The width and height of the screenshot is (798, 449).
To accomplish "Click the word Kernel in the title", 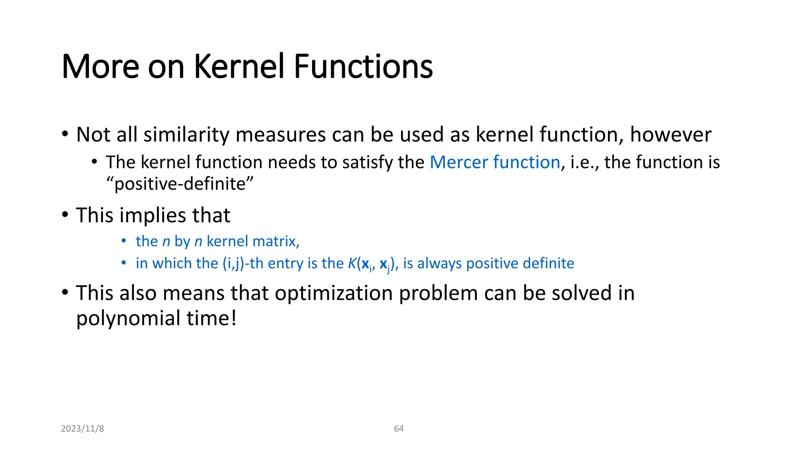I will click(239, 66).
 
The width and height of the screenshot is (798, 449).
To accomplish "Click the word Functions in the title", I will click(363, 66).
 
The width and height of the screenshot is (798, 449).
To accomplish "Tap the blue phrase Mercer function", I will click(495, 162).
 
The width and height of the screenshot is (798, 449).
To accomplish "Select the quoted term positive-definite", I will click(180, 184).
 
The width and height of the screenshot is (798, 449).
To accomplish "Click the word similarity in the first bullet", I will click(186, 135).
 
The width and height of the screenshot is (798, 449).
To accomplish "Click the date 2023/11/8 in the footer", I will click(83, 428).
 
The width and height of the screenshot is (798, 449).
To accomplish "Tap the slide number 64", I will click(399, 428).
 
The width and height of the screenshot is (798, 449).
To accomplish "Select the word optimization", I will click(334, 293).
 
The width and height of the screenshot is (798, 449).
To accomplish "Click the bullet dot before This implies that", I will click(65, 215).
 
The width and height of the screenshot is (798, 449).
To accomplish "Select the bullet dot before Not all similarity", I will click(65, 134).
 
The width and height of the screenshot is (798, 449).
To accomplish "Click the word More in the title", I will click(100, 66).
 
